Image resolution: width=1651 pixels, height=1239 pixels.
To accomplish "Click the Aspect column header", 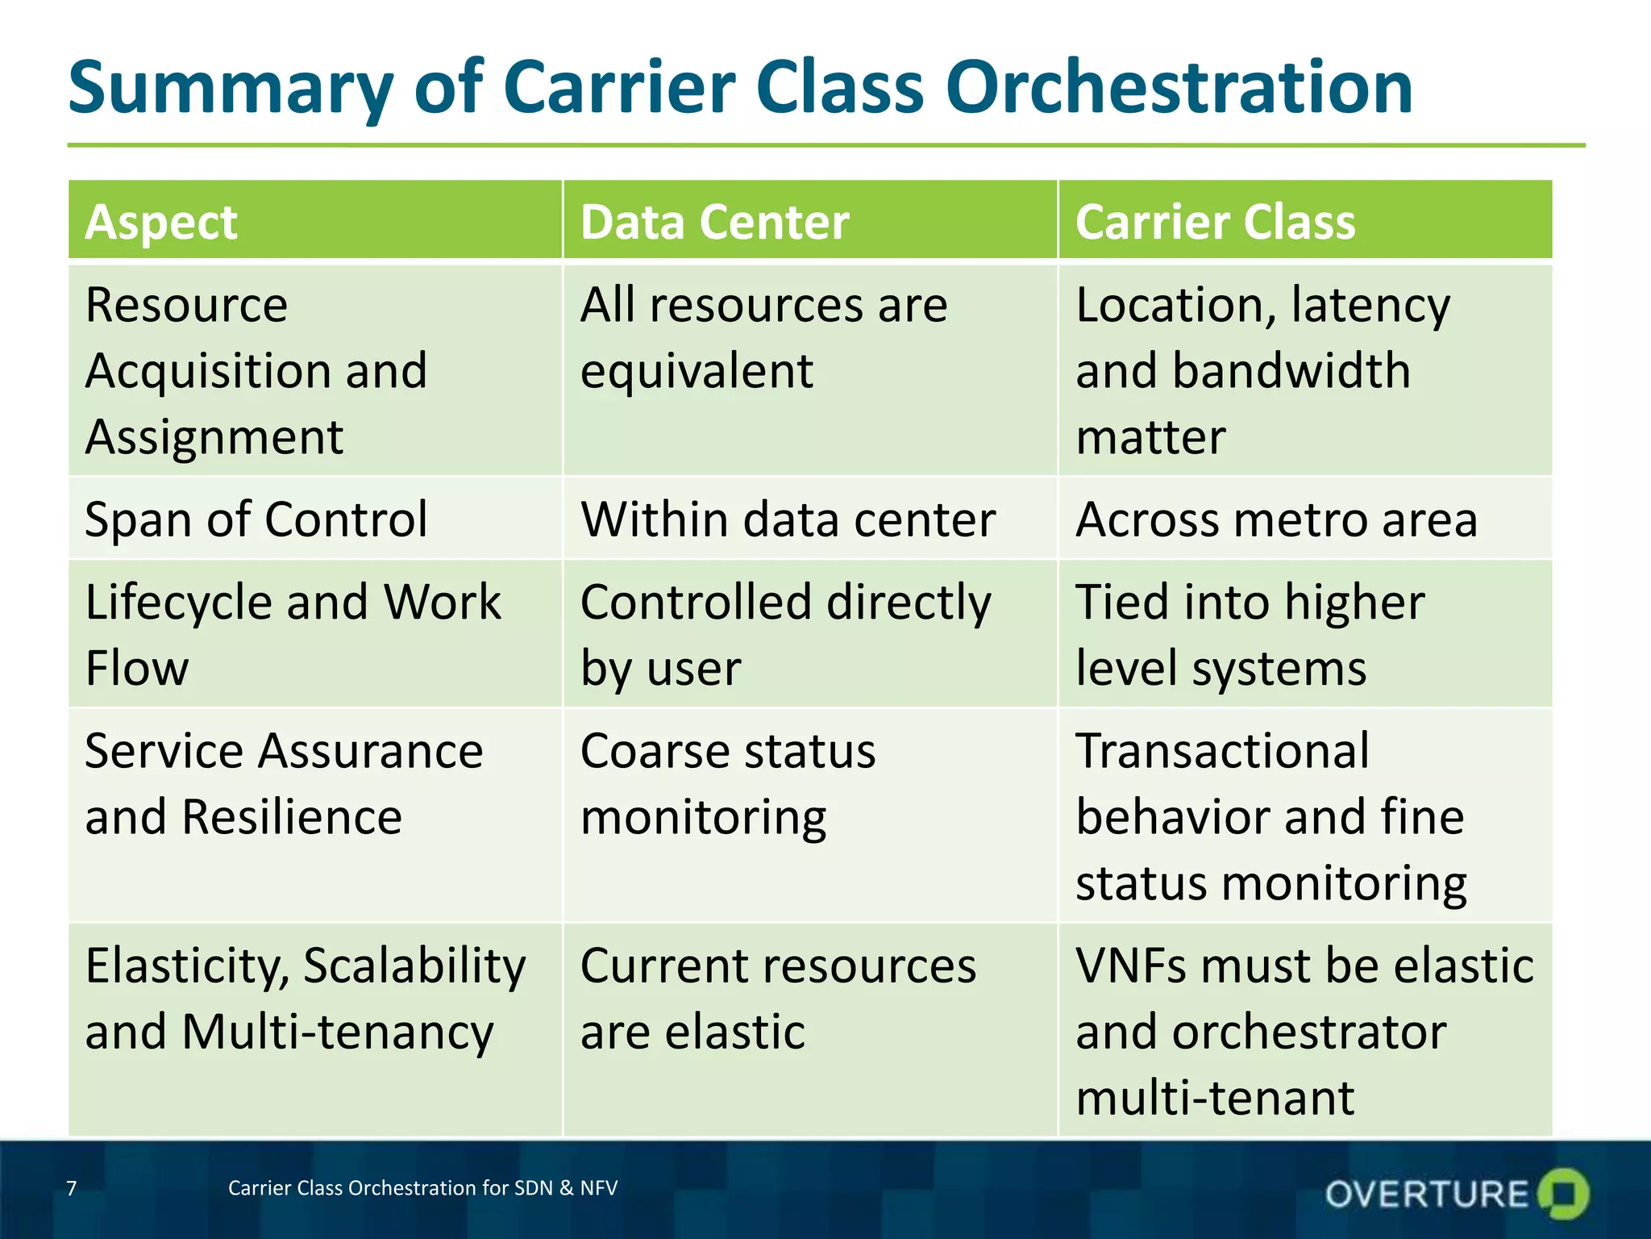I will (161, 222).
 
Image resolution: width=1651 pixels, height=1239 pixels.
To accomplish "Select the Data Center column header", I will (714, 222).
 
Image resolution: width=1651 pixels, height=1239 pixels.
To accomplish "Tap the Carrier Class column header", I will (1215, 222).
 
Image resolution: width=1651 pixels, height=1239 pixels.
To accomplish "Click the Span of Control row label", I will (256, 519).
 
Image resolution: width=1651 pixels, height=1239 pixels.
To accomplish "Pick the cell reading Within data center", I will (788, 519).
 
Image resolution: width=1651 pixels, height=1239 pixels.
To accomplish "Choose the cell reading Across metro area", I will (1276, 519).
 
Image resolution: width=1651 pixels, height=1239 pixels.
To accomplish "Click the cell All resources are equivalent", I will (763, 337).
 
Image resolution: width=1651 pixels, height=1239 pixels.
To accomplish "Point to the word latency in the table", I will (1370, 306).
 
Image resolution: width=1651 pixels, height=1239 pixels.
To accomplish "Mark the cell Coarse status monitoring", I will (727, 783).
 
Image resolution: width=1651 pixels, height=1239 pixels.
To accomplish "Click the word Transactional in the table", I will (1222, 751).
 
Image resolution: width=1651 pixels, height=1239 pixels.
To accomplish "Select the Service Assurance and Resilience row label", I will (284, 783).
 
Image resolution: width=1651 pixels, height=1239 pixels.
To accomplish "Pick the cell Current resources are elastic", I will (777, 998).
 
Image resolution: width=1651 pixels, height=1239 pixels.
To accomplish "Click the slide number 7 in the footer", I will (72, 1188).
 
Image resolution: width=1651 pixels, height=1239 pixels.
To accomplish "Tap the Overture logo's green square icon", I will (1563, 1193).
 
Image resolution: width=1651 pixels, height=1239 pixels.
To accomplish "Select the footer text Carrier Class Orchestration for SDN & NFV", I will (422, 1188).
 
